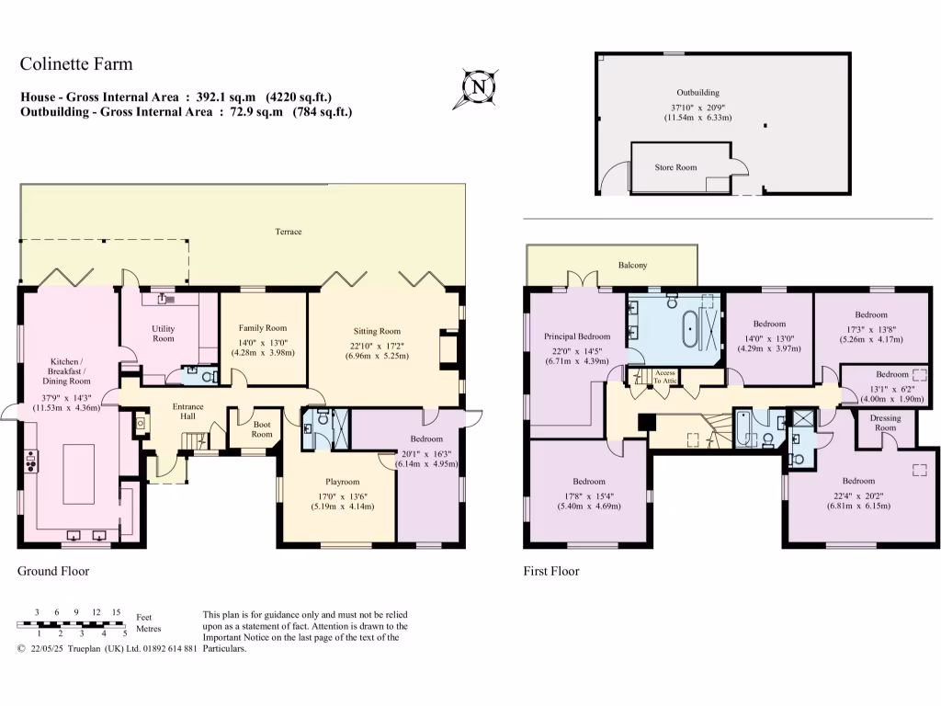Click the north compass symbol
coord(478,88)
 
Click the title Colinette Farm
coord(76,63)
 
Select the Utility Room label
coord(164,334)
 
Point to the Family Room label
coord(263,327)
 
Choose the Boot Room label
coord(255,428)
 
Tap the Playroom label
coord(342,481)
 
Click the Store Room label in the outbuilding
coord(675,167)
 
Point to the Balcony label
coord(632,266)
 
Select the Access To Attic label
coord(664,377)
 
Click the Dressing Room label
coord(884,423)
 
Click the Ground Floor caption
coord(53,571)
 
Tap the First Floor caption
coord(551,571)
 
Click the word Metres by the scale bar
coord(148,630)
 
